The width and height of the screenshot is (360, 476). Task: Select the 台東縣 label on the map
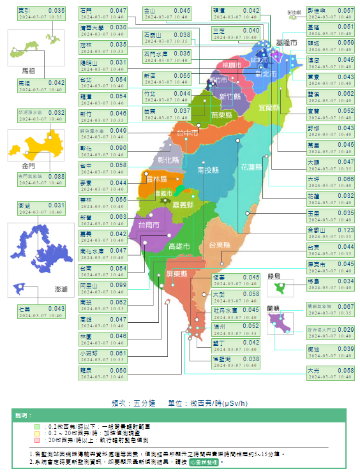(219, 245)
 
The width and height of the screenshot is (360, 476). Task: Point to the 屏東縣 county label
(176, 274)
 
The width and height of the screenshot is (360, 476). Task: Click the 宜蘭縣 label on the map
(269, 108)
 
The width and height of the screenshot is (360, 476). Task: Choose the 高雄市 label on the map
(179, 246)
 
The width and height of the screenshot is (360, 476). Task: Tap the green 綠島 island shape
(279, 288)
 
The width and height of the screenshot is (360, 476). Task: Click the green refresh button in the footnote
(204, 461)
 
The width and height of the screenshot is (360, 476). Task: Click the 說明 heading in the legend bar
(23, 415)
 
